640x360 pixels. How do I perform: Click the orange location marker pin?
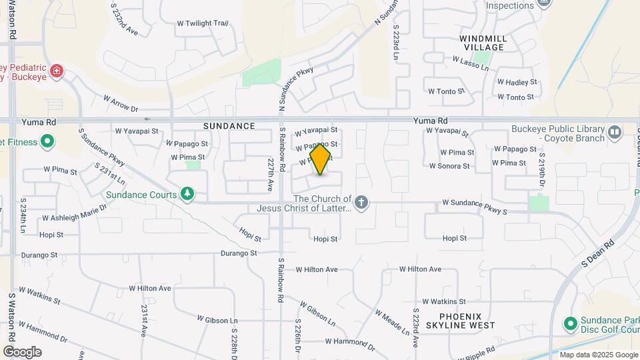click(321, 159)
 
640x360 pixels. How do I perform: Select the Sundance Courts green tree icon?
click(187, 194)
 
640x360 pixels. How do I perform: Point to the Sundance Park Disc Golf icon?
click(570, 325)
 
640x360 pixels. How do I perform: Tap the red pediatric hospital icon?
click(57, 71)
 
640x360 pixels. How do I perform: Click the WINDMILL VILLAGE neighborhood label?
click(484, 43)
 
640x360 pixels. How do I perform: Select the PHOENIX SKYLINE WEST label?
click(467, 321)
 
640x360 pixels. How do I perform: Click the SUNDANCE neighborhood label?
click(230, 126)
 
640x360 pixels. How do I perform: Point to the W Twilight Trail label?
click(203, 23)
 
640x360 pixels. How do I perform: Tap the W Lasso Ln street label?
click(471, 60)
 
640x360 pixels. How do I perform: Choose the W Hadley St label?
click(517, 82)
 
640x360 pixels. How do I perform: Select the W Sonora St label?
click(450, 166)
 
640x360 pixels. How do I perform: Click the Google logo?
click(22, 351)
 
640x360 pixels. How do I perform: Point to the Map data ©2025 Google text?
click(598, 355)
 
